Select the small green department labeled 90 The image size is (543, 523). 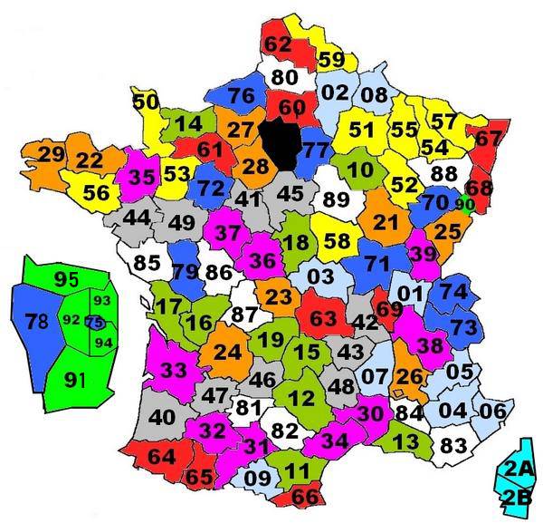point(464,203)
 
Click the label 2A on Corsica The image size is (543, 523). point(517,469)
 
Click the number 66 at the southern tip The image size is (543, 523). point(305,497)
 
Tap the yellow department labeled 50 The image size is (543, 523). point(147,101)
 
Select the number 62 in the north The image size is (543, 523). point(278,43)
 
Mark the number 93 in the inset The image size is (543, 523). point(102,301)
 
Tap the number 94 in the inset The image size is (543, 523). point(103,342)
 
